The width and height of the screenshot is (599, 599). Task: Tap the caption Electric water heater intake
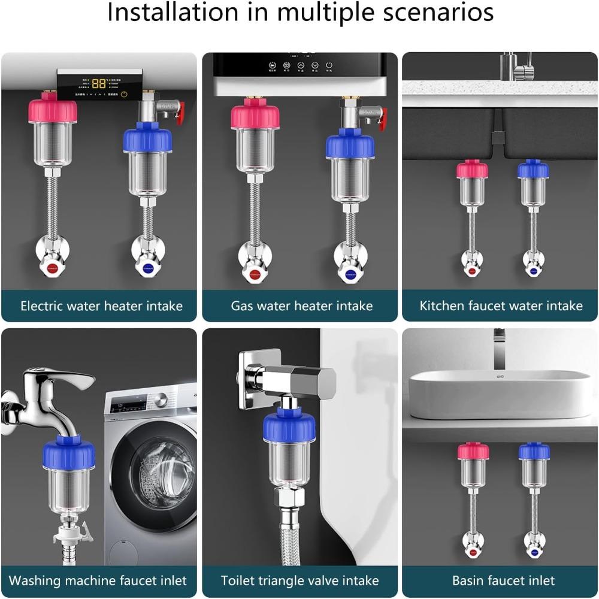pos(101,306)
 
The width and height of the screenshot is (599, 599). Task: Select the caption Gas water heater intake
pos(302,306)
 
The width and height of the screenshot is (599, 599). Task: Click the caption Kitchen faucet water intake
pos(501,306)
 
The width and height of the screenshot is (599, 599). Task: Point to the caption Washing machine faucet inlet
pos(98,580)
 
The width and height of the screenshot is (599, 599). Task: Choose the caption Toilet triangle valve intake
pos(299,580)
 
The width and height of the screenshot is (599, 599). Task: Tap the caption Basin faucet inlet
pos(503,580)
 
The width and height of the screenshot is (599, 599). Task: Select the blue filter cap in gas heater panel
pos(350,146)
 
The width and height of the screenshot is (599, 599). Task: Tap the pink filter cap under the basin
pos(473,452)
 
